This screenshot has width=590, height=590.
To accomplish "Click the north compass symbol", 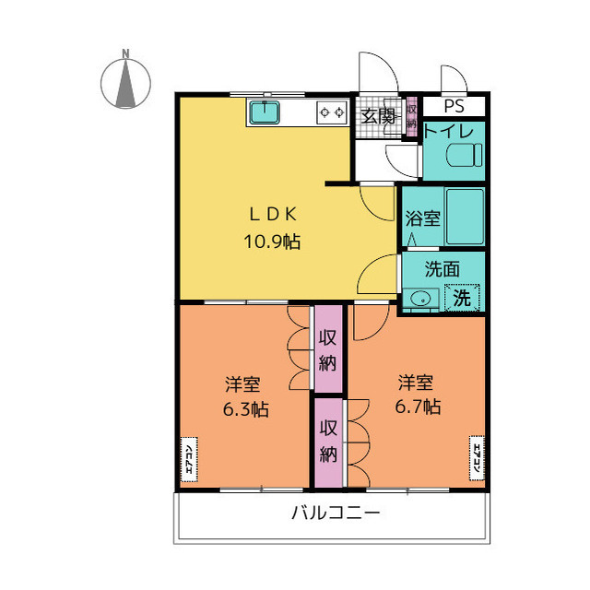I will pos(125,80).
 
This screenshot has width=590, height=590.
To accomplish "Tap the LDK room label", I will pos(271,215).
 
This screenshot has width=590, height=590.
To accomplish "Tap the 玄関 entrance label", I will pos(378,115).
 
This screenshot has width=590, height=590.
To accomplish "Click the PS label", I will pos(455,106).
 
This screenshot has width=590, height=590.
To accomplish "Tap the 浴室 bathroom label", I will pos(422,219).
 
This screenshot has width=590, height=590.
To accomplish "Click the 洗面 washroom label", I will pos(442,269).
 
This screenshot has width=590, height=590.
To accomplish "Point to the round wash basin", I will pos(422,298).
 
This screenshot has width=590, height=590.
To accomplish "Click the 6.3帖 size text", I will pos(244,409).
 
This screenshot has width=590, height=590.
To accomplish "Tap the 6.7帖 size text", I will pos(418,406).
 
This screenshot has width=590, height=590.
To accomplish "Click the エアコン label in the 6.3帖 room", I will pos(189,458).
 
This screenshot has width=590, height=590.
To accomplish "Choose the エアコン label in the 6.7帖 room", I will pos(478,458).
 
